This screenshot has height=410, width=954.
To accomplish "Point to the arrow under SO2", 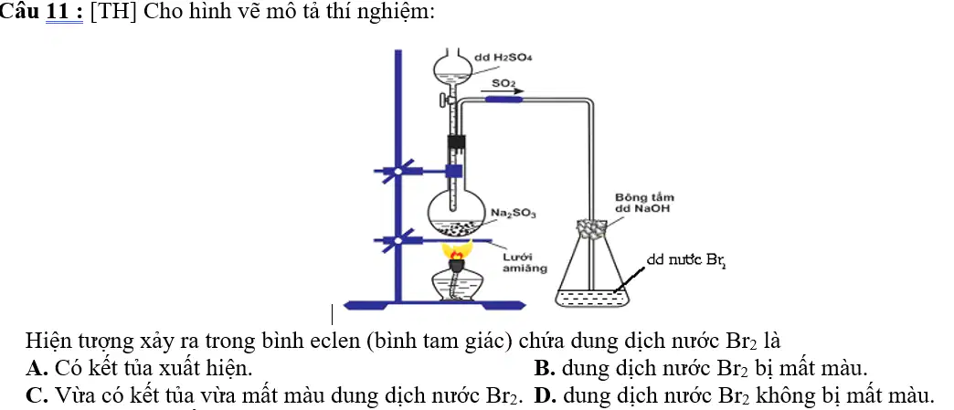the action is pos(503,92).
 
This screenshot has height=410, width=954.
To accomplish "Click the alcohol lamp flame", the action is pos(457,250).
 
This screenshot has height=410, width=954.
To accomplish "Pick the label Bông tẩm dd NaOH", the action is pos(644,204).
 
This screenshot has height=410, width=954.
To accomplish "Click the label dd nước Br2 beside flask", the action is pos(686,261).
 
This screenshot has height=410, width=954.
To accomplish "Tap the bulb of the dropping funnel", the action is pos(452,70).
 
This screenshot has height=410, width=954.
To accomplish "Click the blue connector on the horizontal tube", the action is pos(503,100).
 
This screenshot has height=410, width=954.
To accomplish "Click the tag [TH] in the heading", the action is pos(112,12).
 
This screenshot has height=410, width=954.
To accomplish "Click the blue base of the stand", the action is pos(434,305).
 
